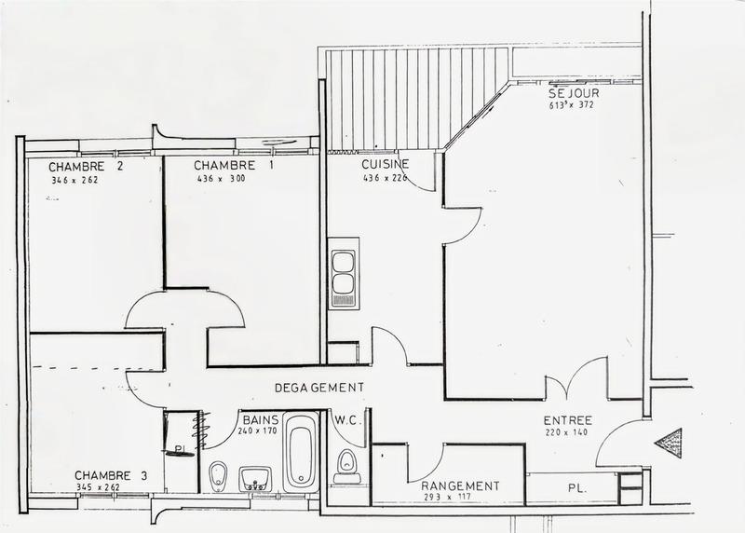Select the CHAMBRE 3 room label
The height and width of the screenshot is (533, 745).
coord(111,476)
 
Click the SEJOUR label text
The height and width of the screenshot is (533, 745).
coord(574,92)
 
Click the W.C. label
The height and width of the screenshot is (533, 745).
coord(346,419)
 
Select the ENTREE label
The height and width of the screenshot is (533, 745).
coord(568,420)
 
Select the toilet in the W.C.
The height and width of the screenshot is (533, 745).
coord(347,463)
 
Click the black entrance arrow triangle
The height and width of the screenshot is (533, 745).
coord(670,442)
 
